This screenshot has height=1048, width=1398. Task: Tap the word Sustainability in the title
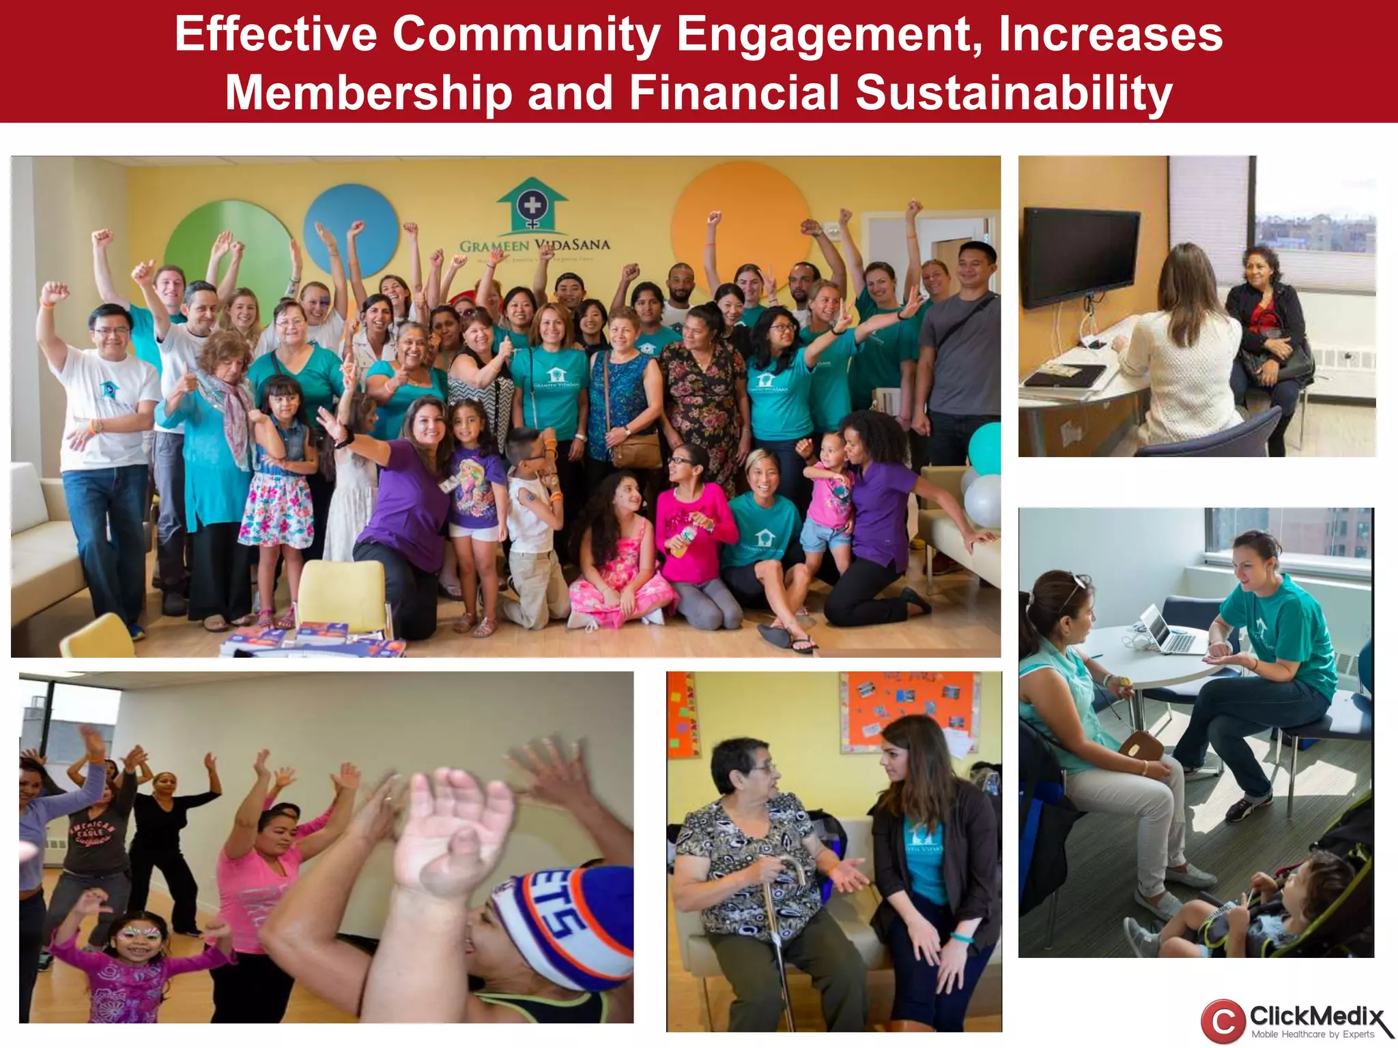click(x=1014, y=93)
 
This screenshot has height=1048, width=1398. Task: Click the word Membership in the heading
click(x=369, y=93)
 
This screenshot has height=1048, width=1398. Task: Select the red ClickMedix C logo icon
click(x=1223, y=1021)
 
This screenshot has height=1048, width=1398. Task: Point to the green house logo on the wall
click(x=532, y=204)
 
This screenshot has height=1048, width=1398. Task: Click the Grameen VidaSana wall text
click(x=534, y=245)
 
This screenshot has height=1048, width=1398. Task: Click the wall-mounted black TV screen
click(x=1079, y=258)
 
